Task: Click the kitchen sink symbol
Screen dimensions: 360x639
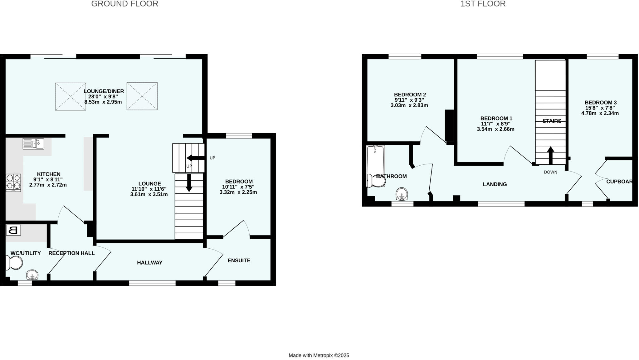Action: point(33,144)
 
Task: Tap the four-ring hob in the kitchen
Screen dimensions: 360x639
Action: point(13,183)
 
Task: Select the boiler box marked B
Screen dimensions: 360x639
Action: point(13,230)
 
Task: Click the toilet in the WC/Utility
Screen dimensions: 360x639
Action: point(14,263)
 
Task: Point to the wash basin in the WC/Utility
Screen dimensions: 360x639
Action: point(32,275)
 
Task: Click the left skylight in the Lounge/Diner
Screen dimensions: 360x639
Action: point(71,96)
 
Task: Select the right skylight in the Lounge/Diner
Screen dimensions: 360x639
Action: point(142,96)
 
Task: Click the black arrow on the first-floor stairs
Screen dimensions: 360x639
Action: point(551,155)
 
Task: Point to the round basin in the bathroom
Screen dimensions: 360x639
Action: point(402,194)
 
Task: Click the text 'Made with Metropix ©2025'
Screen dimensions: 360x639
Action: point(319,355)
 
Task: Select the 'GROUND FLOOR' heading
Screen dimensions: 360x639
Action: point(125,4)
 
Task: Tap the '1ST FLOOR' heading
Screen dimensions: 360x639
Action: point(483,4)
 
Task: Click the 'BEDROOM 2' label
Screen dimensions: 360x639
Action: point(410,95)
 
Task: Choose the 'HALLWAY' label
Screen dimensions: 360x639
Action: point(150,263)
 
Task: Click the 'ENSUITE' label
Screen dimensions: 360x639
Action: point(239,260)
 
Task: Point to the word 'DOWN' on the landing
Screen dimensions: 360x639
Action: point(550,172)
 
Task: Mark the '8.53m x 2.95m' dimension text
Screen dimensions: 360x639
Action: point(103,102)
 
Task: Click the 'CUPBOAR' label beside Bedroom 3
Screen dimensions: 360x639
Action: point(619,182)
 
